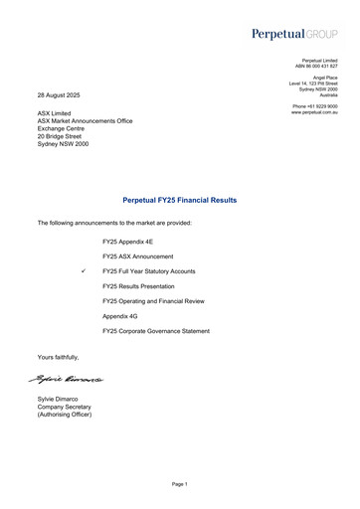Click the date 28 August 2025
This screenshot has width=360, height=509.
[59, 94]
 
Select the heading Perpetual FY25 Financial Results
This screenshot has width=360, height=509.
[179, 200]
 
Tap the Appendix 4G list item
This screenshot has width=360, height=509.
[118, 315]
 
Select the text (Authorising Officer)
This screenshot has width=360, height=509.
[65, 415]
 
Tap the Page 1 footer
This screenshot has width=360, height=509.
[179, 484]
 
